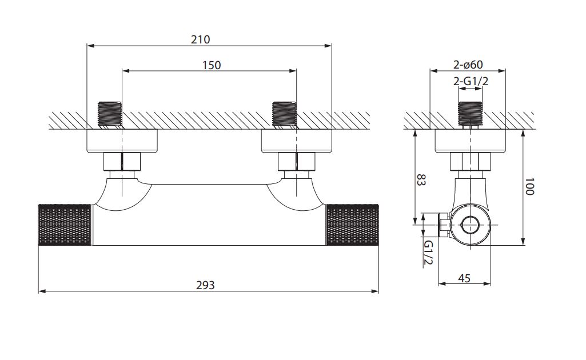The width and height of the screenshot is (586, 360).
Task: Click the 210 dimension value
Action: click(x=200, y=39)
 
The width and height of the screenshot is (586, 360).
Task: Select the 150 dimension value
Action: click(x=212, y=65)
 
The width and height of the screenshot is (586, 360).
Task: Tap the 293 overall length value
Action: click(x=206, y=285)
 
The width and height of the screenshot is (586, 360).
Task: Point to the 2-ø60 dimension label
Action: click(x=468, y=65)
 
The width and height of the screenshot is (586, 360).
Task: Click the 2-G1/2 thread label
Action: click(x=471, y=81)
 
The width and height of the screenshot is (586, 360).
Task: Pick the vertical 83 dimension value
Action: click(x=421, y=180)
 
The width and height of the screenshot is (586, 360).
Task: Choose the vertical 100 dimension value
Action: click(x=529, y=186)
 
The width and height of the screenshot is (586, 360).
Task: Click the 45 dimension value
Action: click(x=464, y=278)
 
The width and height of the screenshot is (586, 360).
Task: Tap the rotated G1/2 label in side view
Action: click(x=428, y=253)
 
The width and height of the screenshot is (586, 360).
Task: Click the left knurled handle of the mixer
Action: click(x=65, y=225)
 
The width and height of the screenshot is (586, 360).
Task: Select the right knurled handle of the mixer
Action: click(x=352, y=225)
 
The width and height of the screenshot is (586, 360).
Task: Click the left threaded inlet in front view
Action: click(x=110, y=115)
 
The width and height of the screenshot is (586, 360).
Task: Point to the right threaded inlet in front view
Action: click(x=284, y=115)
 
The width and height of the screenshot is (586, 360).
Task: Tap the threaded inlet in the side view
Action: click(x=470, y=115)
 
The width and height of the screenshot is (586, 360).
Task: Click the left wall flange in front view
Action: click(x=122, y=141)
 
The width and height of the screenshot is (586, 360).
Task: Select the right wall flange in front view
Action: click(x=296, y=141)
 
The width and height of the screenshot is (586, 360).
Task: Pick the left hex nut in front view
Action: click(x=122, y=162)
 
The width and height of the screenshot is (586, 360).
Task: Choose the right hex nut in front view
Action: click(x=297, y=162)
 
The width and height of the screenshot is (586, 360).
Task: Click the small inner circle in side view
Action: click(x=470, y=225)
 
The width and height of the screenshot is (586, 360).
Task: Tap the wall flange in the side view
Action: click(x=470, y=141)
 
